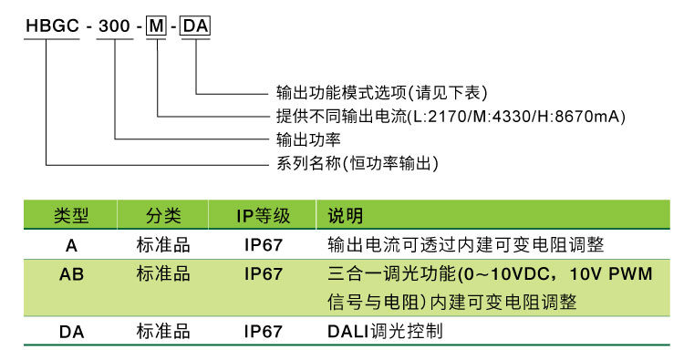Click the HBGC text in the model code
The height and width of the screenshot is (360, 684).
(x=52, y=26)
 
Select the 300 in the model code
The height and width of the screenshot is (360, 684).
(x=114, y=26)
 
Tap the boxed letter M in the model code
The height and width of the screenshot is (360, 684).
(x=156, y=26)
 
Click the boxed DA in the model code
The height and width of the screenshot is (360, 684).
(x=196, y=26)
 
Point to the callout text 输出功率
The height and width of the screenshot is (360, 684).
(x=308, y=139)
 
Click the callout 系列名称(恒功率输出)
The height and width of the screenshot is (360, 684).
(x=358, y=163)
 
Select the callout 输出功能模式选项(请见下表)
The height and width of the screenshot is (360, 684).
(x=382, y=92)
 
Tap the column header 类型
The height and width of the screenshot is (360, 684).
(x=71, y=215)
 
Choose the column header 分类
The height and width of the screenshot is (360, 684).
(x=163, y=215)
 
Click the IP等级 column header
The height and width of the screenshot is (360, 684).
(x=263, y=216)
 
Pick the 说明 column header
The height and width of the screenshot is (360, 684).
(x=345, y=215)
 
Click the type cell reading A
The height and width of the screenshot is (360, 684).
(x=71, y=245)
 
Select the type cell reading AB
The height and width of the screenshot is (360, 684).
(x=71, y=274)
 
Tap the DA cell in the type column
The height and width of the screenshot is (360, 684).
(x=71, y=332)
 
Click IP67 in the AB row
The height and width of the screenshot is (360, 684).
(x=263, y=274)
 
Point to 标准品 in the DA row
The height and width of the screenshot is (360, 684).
(x=163, y=331)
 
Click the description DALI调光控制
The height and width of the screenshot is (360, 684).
(x=385, y=331)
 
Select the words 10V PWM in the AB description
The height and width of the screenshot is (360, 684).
(x=611, y=273)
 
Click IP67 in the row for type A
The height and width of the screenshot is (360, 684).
(x=263, y=245)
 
